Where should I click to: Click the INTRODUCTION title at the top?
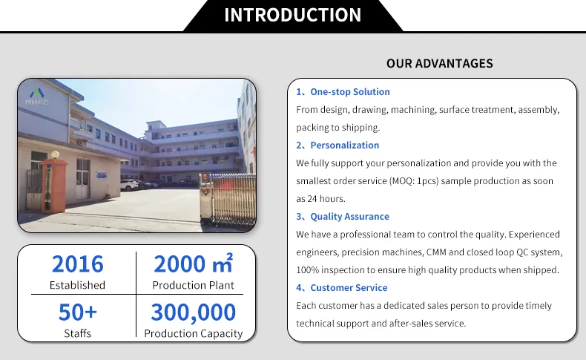(x=292, y=15)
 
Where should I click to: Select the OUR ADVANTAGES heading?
(x=439, y=63)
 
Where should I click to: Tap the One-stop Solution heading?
(x=349, y=92)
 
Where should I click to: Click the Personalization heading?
(x=344, y=145)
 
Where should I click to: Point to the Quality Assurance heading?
(x=349, y=217)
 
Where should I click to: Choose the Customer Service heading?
(x=349, y=288)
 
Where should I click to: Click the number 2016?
(x=77, y=264)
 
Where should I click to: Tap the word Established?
(x=77, y=285)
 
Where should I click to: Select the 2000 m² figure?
(x=193, y=264)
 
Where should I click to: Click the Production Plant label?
(x=193, y=285)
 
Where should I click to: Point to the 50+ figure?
(x=77, y=312)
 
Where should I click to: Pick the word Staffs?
(x=77, y=333)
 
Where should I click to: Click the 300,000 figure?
(x=193, y=312)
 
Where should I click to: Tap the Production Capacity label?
(x=193, y=333)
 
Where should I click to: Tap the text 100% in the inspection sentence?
(x=307, y=270)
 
